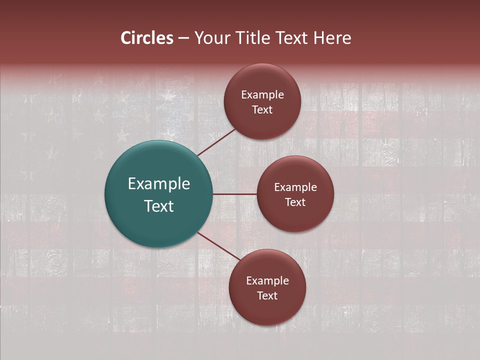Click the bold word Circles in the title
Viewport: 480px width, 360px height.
[x=147, y=38]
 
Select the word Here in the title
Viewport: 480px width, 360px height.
[x=332, y=38]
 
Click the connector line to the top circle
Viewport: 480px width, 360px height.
[x=217, y=142]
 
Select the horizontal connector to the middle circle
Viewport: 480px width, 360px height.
[x=234, y=194]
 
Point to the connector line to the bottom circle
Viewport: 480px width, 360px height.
[x=218, y=245]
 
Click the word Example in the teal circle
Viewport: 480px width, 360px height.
[x=159, y=184]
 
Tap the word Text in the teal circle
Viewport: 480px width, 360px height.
[x=159, y=206]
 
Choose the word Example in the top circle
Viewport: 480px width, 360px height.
[x=262, y=95]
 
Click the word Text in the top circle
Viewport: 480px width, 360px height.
[x=262, y=110]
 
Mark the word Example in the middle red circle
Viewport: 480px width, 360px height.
[x=295, y=187]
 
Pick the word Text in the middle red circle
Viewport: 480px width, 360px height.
[x=295, y=202]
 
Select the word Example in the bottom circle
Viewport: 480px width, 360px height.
[x=267, y=281]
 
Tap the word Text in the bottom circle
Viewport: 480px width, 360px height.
[x=267, y=296]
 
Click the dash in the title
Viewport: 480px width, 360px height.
[x=183, y=38]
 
